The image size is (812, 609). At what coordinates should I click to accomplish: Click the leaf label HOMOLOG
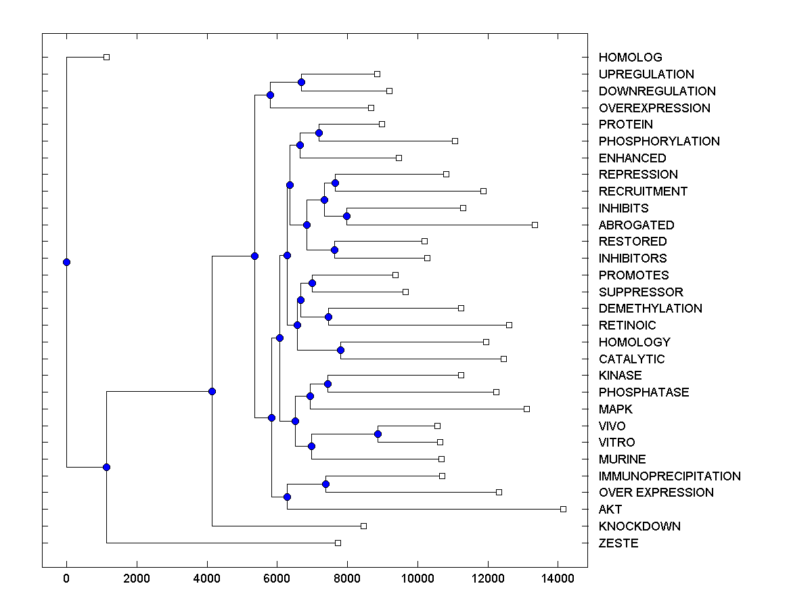[x=630, y=58]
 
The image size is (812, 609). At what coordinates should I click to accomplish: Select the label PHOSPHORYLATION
[x=659, y=141]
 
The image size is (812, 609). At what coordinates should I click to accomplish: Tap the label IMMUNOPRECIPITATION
[x=669, y=476]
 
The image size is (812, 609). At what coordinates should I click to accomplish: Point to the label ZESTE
[x=618, y=543]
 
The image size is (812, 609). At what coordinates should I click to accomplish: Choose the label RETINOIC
[x=627, y=325]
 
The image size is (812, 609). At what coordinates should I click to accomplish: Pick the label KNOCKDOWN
[x=639, y=526]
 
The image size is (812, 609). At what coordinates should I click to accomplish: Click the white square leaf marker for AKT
[x=563, y=509]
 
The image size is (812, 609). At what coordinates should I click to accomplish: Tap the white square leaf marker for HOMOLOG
[x=106, y=57]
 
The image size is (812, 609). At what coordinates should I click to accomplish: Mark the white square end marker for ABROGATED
[x=535, y=225]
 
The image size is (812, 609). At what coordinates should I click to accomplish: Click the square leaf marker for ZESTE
[x=338, y=543]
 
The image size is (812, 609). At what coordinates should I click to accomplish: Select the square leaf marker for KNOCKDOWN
[x=363, y=526]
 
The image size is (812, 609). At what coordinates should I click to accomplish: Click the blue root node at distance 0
[x=66, y=262]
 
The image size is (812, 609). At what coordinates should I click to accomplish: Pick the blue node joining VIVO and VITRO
[x=378, y=434]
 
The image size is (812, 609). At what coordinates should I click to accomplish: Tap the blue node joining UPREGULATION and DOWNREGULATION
[x=302, y=82]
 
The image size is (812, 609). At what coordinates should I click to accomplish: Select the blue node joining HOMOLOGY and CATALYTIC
[x=340, y=350]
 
